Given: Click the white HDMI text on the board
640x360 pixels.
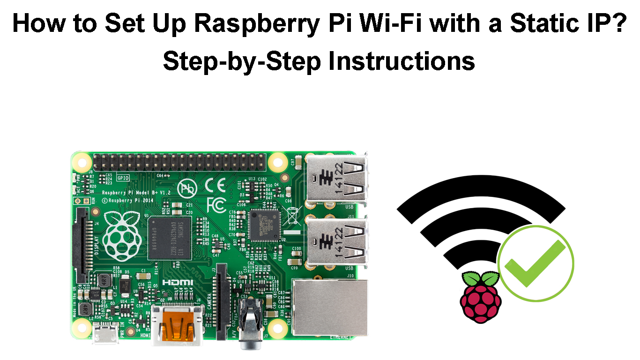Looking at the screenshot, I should coord(178,283).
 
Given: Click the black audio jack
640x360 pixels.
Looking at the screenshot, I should coord(250,323).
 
